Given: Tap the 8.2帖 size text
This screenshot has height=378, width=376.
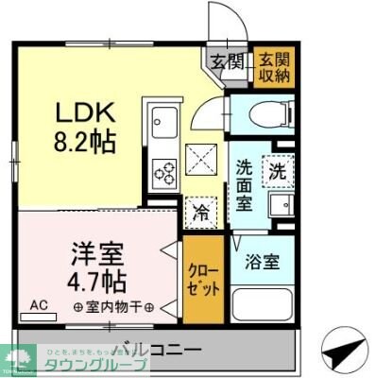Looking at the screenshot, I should [83, 144].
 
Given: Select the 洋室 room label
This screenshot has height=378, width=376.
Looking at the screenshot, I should [96, 252].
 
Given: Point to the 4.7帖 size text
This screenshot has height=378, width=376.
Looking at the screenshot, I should [96, 280].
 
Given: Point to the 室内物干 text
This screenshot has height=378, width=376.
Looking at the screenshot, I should [112, 306].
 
